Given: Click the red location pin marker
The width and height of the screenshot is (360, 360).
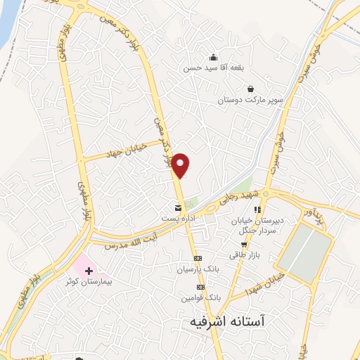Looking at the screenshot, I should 181,165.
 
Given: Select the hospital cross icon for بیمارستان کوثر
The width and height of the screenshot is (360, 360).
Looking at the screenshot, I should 89,270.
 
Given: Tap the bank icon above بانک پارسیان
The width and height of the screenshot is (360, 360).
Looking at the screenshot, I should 197,257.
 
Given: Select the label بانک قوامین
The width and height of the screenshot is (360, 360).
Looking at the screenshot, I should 198,298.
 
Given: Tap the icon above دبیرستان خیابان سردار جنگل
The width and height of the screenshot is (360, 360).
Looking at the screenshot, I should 258,210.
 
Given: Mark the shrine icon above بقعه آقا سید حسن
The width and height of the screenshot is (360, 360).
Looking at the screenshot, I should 212,58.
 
